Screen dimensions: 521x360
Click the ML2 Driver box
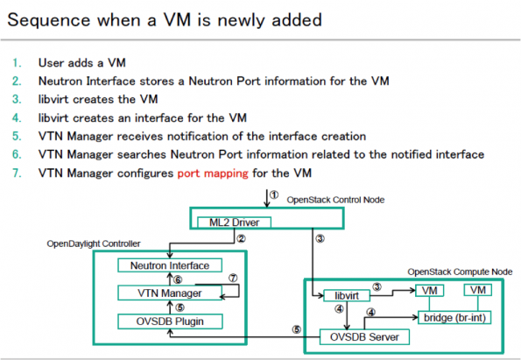click(x=235, y=222)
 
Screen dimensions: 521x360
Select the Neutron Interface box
click(x=170, y=265)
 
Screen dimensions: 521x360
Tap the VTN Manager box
click(x=170, y=293)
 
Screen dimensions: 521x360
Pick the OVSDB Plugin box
click(x=170, y=321)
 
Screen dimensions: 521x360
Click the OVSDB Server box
click(x=364, y=337)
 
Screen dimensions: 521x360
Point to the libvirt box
click(x=347, y=295)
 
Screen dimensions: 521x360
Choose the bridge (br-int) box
click(x=454, y=318)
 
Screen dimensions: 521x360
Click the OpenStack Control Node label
click(x=335, y=200)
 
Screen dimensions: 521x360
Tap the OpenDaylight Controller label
click(x=94, y=244)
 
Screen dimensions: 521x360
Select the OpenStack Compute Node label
click(x=460, y=272)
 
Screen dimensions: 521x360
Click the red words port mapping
click(x=213, y=173)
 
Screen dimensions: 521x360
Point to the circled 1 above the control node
click(x=274, y=194)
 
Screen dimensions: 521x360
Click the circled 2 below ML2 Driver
click(x=241, y=238)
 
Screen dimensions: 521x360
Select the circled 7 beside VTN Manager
click(x=233, y=278)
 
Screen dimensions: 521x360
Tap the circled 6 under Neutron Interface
click(x=178, y=280)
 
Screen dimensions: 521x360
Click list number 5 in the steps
click(x=17, y=137)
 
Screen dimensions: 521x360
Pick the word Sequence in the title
click(x=49, y=20)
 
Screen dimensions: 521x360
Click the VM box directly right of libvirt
click(x=429, y=291)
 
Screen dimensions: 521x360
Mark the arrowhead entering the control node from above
click(x=266, y=204)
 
